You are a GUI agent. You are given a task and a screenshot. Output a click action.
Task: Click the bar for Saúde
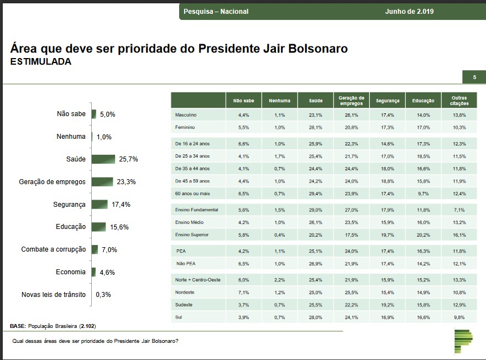coord(103,159)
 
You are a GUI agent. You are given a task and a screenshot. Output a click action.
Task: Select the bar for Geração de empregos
coord(102,181)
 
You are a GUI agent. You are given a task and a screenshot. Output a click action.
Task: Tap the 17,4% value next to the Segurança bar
coord(121,205)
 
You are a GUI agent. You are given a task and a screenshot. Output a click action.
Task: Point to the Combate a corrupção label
coord(54,249)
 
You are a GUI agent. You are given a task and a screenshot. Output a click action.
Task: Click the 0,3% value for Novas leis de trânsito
coord(103,295)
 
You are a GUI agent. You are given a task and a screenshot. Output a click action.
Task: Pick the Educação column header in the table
coord(423,101)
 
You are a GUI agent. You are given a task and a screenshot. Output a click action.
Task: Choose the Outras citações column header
coord(459,101)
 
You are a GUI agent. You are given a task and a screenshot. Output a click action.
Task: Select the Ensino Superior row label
coord(192,234)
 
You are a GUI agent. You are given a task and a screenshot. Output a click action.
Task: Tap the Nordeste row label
coord(185,293)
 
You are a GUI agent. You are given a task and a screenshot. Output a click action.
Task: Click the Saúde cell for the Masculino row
coord(315,115)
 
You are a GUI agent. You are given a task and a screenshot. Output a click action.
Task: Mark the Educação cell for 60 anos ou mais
coord(423,194)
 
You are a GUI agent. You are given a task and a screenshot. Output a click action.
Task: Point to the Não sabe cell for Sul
coord(244,317)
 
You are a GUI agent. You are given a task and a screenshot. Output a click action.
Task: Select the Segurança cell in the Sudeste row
coord(387,305)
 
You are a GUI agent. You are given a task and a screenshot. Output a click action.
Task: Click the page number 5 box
coord(474,77)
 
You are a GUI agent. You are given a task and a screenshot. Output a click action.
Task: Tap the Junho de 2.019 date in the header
coord(410,12)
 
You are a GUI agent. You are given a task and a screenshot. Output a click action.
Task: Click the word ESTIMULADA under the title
coord(41,62)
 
